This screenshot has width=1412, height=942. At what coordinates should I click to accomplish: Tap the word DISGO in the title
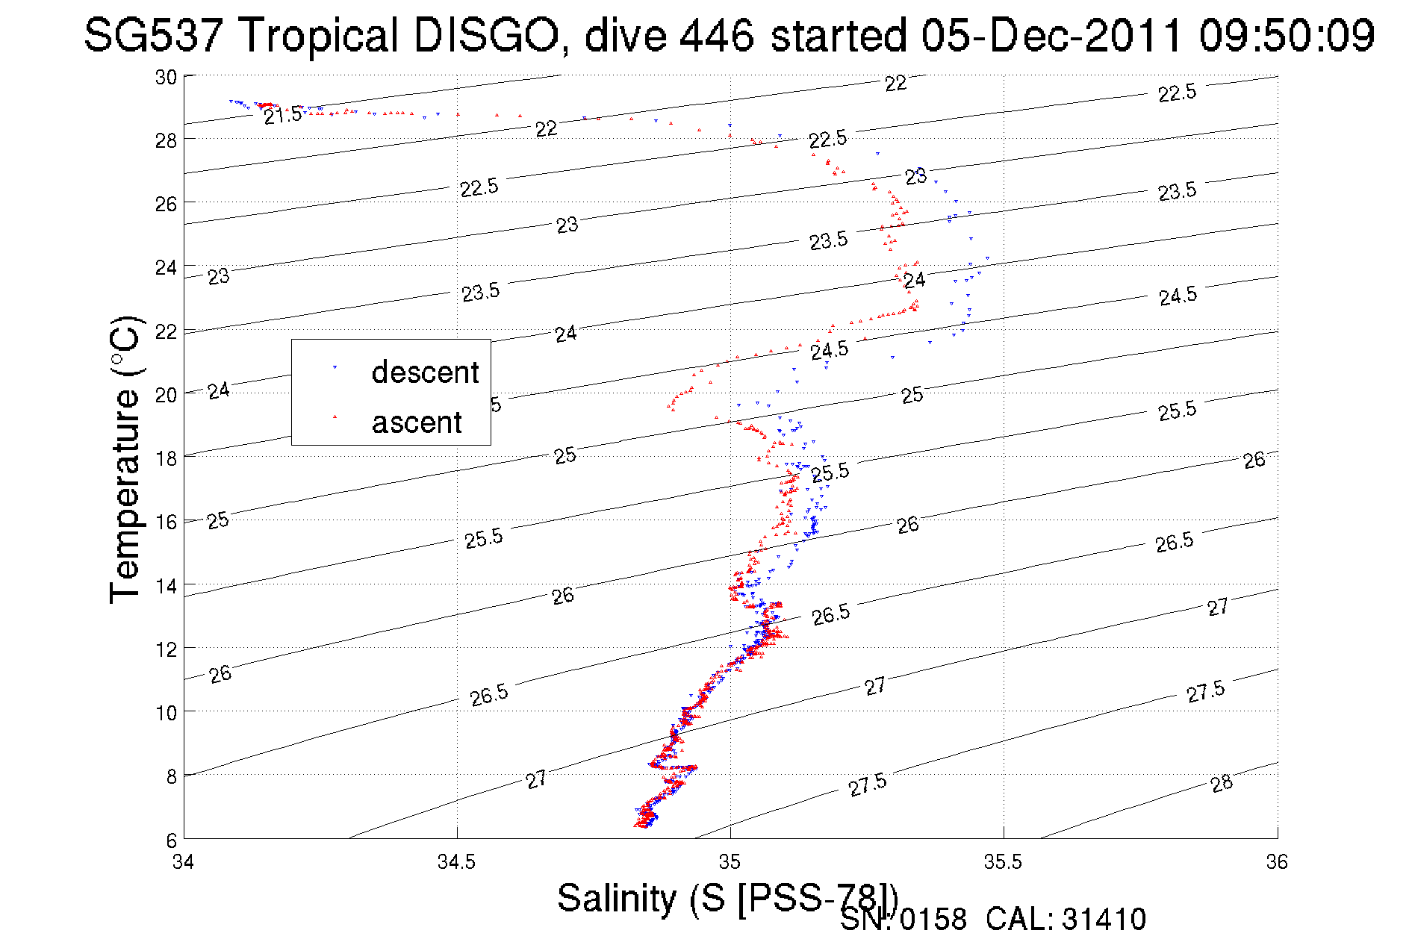(485, 35)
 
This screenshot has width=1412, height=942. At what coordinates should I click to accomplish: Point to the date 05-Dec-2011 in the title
(1051, 35)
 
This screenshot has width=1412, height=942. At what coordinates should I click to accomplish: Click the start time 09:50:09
(1287, 35)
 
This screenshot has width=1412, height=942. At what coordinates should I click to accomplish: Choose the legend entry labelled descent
(424, 372)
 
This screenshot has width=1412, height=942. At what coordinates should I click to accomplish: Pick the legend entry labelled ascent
(417, 422)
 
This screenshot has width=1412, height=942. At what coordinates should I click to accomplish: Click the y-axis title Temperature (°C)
(125, 459)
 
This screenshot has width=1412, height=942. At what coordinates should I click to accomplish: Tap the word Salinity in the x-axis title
(616, 897)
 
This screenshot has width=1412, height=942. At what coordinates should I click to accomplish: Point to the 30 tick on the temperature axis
(166, 77)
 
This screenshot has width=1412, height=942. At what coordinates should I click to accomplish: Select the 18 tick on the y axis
(166, 458)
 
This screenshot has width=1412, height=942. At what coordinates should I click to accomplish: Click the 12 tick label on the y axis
(166, 649)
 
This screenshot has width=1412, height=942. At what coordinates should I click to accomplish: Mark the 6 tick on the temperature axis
(171, 840)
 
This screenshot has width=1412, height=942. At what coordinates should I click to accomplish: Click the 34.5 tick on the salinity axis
(456, 862)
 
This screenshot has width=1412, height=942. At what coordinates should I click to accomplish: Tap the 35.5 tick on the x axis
(1003, 862)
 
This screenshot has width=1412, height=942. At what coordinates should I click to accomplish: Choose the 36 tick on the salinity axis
(1277, 862)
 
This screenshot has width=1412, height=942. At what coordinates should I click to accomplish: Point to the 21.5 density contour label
(283, 115)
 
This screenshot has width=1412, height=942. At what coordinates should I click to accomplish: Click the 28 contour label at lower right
(1222, 784)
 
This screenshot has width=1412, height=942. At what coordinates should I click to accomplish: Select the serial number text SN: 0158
(903, 920)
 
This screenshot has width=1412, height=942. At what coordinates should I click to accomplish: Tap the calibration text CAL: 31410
(1066, 920)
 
